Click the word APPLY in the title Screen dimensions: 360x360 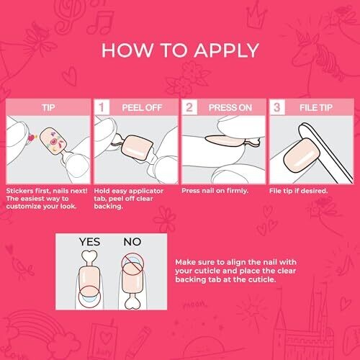point(226,50)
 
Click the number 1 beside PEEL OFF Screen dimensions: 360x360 point(102,107)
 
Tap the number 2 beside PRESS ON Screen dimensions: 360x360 point(189,107)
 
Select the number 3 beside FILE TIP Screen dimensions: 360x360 point(276,107)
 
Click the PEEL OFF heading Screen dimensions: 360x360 point(142,107)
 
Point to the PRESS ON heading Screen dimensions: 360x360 point(230,107)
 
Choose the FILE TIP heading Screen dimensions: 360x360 point(316,107)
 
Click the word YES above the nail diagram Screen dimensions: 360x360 point(89,242)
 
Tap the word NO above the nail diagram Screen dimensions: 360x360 point(132,242)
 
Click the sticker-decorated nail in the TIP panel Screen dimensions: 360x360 point(53,141)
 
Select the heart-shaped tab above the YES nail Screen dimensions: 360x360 point(89,258)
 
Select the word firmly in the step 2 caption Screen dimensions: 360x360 point(237,191)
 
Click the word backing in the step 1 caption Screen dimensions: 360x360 point(108,207)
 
